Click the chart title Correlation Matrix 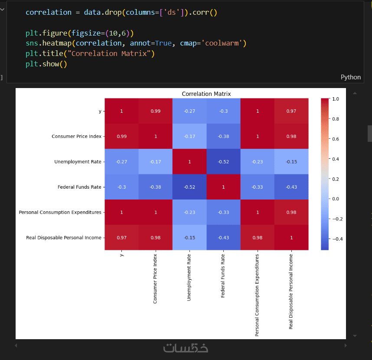pyautogui.click(x=206, y=94)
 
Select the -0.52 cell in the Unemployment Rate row pyautogui.click(x=223, y=162)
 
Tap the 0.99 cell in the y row pyautogui.click(x=155, y=111)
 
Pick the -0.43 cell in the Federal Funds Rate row pyautogui.click(x=291, y=187)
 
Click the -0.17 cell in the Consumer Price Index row pyautogui.click(x=189, y=136)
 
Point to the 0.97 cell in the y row pyautogui.click(x=291, y=111)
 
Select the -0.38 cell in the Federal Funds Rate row pyautogui.click(x=155, y=187)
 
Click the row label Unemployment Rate pyautogui.click(x=78, y=162)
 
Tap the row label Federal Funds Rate pyautogui.click(x=79, y=187)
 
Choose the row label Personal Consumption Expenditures pyautogui.click(x=60, y=213)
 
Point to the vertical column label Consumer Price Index pyautogui.click(x=155, y=278)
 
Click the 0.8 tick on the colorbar pyautogui.click(x=335, y=119)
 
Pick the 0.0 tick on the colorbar pyautogui.click(x=335, y=199)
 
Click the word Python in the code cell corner pyautogui.click(x=350, y=77)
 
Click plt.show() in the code pyautogui.click(x=46, y=64)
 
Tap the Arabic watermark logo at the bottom pyautogui.click(x=186, y=348)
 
